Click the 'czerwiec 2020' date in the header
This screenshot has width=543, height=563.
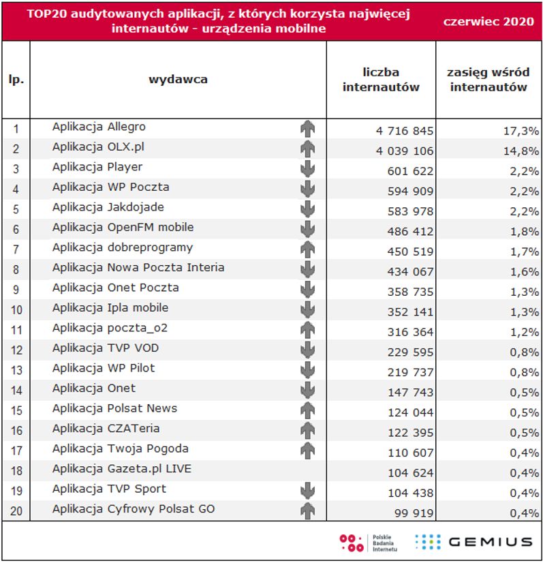point(488,21)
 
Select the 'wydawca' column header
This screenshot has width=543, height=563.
point(178,79)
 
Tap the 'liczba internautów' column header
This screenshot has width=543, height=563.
point(381,79)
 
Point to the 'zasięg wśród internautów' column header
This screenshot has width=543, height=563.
point(488,79)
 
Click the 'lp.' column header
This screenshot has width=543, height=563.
point(16,79)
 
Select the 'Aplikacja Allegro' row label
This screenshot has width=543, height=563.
point(99,127)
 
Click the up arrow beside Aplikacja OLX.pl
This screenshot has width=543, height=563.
point(308,149)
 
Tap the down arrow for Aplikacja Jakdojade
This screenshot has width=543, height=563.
point(308,209)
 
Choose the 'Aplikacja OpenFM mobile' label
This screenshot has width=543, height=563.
point(123,227)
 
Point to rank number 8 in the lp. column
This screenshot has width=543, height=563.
point(16,270)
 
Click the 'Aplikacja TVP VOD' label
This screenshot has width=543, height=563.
point(106,348)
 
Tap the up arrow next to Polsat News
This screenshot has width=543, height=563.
point(308,410)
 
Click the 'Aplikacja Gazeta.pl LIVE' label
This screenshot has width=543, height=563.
point(122,469)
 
